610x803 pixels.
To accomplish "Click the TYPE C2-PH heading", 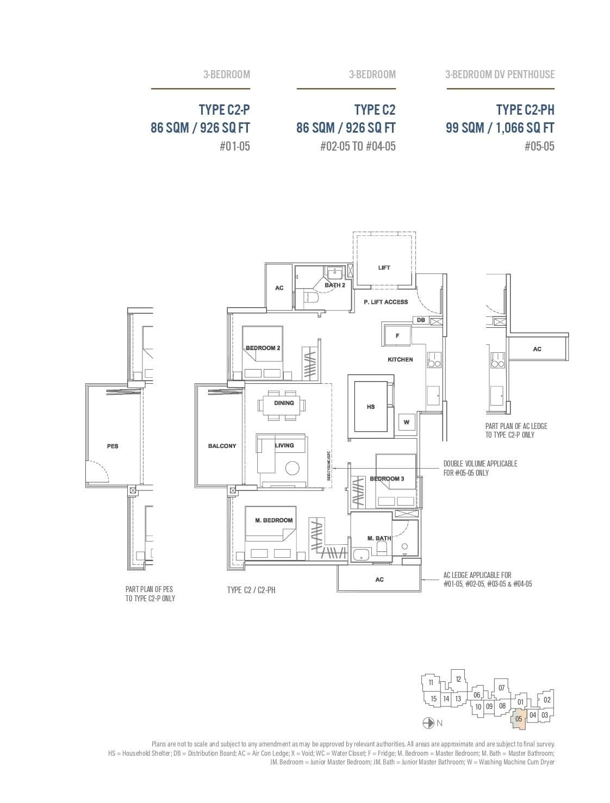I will point(525,110).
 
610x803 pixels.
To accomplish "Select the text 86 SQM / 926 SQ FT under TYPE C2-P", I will point(200,128).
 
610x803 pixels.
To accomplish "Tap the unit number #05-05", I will point(539,146).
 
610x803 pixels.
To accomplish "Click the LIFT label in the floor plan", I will point(384,267).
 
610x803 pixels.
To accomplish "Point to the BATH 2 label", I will point(335,285).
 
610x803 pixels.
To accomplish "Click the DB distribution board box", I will point(421,320).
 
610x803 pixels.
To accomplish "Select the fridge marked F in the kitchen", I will point(397,336).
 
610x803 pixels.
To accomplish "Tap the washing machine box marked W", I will point(406,422).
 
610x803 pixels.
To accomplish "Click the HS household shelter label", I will point(371,407).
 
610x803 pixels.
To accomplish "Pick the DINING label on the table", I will point(284,403).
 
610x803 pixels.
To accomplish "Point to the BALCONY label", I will point(222,446).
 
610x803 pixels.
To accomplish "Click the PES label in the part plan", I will point(113,446).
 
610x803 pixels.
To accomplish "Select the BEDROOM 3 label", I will point(387,479).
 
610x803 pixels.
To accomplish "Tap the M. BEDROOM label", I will point(273,520).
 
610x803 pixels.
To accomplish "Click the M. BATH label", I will point(378,538).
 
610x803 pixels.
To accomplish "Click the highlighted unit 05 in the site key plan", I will point(519,719).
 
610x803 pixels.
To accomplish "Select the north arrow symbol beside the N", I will point(428,723).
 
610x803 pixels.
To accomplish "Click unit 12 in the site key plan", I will point(458,679).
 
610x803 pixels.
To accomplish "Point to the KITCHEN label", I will point(400,359).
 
